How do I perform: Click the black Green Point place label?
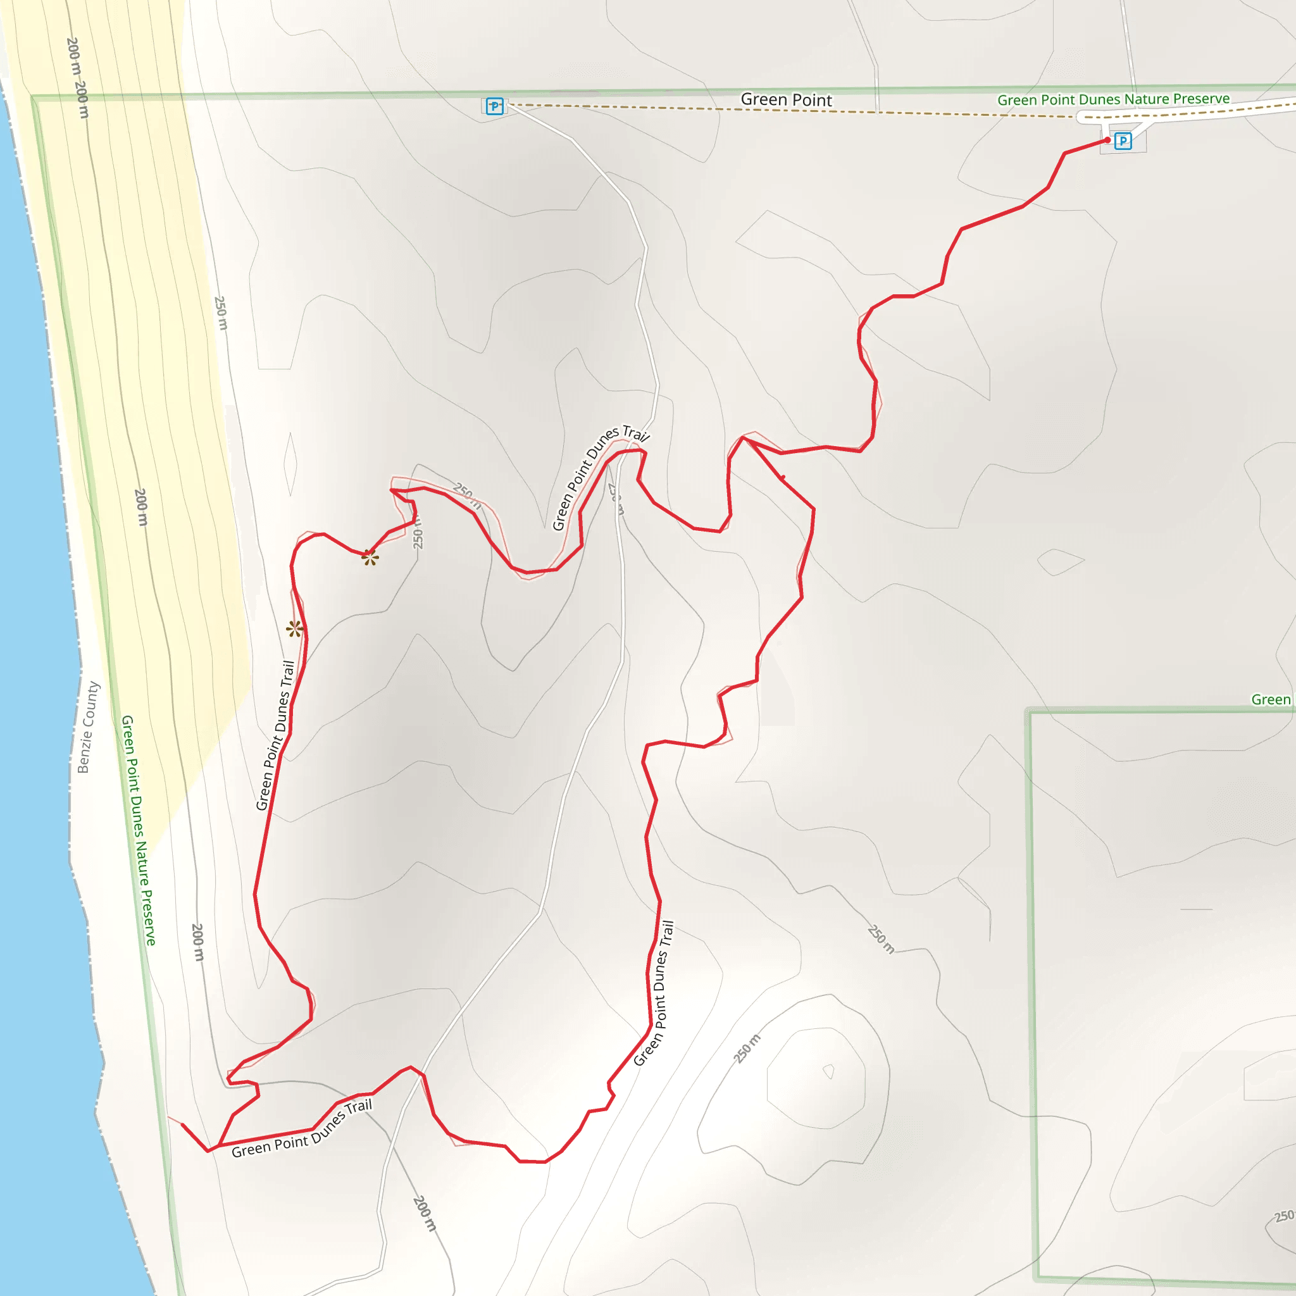pyautogui.click(x=785, y=100)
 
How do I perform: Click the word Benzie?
pyautogui.click(x=83, y=752)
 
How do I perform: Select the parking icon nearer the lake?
pyautogui.click(x=494, y=106)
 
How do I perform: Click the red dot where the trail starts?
pyautogui.click(x=1107, y=140)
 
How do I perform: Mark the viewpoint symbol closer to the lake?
pyautogui.click(x=294, y=628)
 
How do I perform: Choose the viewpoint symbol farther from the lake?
pyautogui.click(x=370, y=558)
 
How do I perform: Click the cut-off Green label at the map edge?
pyautogui.click(x=1271, y=700)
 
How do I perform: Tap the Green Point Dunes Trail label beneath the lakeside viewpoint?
pyautogui.click(x=276, y=735)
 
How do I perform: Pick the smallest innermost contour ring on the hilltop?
pyautogui.click(x=829, y=1071)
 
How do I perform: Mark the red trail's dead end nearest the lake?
pyautogui.click(x=182, y=1125)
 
